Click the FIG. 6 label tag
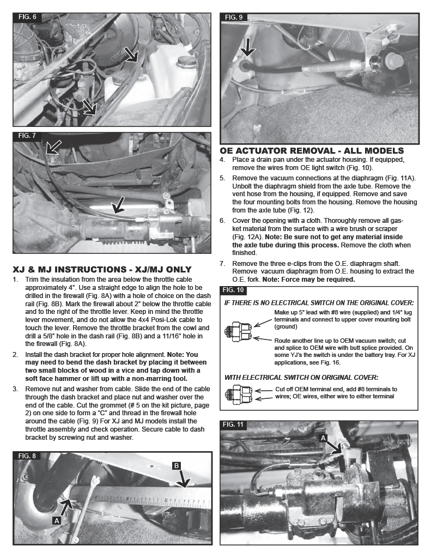[27, 17]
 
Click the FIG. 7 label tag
[27, 136]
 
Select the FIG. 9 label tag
[234, 17]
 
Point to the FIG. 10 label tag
[234, 289]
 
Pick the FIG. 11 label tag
[235, 424]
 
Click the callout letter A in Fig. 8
[56, 520]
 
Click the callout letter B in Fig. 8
[177, 465]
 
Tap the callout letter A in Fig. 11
[324, 437]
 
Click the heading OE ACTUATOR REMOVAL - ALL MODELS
[312, 151]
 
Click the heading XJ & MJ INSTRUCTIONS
[102, 269]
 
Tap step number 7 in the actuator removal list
[222, 263]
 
